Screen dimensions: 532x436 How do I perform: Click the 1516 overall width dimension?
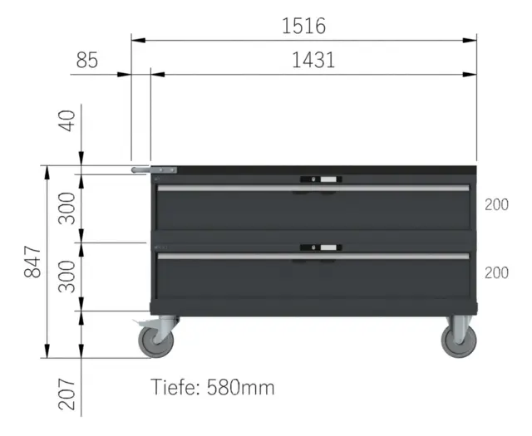click(303, 26)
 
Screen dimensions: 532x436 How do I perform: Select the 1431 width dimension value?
click(313, 60)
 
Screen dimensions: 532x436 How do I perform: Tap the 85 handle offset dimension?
click(86, 60)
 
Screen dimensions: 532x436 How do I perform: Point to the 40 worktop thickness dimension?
click(66, 120)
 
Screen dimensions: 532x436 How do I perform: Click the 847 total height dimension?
click(32, 262)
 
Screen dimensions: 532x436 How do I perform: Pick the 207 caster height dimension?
click(66, 394)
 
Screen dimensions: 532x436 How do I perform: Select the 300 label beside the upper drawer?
click(66, 208)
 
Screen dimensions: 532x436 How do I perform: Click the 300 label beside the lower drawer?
click(66, 277)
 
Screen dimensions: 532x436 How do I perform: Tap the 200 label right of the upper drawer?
click(496, 205)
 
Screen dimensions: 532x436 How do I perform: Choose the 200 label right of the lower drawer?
click(496, 273)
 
